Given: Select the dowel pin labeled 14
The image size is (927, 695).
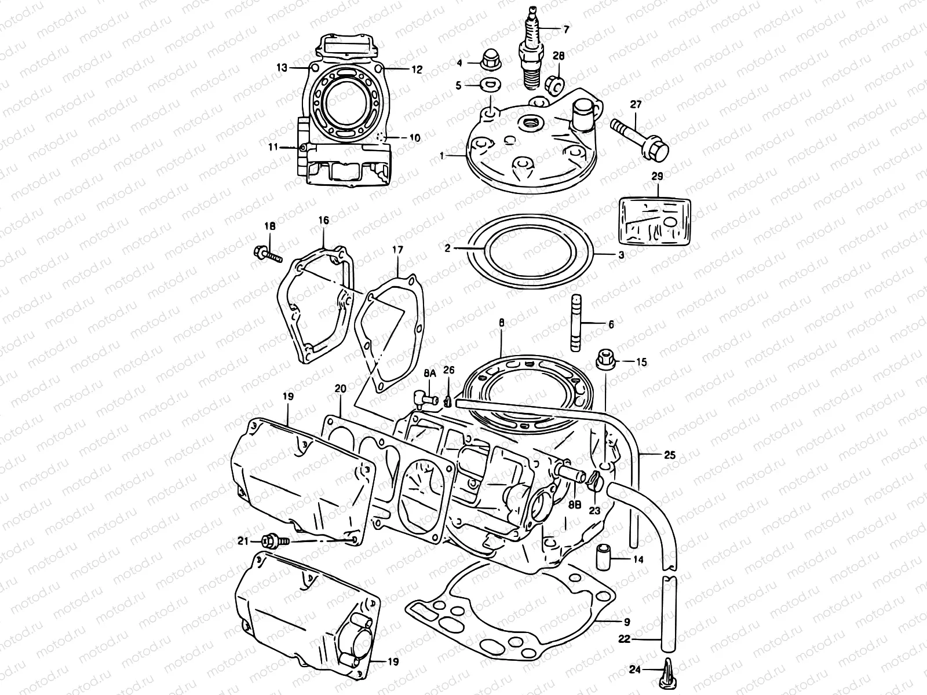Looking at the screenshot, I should coord(603,557).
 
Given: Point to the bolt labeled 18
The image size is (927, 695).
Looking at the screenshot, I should coord(267,254).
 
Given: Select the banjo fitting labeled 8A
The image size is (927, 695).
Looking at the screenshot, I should coord(426,397).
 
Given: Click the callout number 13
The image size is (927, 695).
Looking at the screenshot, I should coord(282,68).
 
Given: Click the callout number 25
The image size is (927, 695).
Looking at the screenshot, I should coord(669,455).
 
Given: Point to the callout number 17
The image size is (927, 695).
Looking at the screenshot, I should coord(397,251).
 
